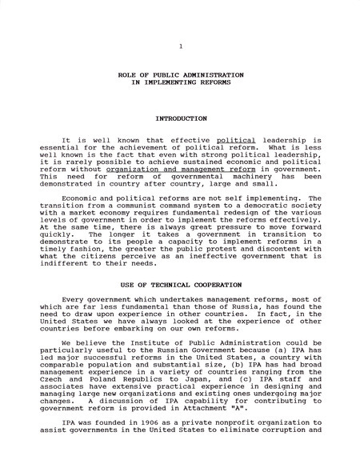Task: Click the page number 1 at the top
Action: (181, 46)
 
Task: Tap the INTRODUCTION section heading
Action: (181, 118)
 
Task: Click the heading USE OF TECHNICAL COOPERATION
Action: (180, 285)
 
